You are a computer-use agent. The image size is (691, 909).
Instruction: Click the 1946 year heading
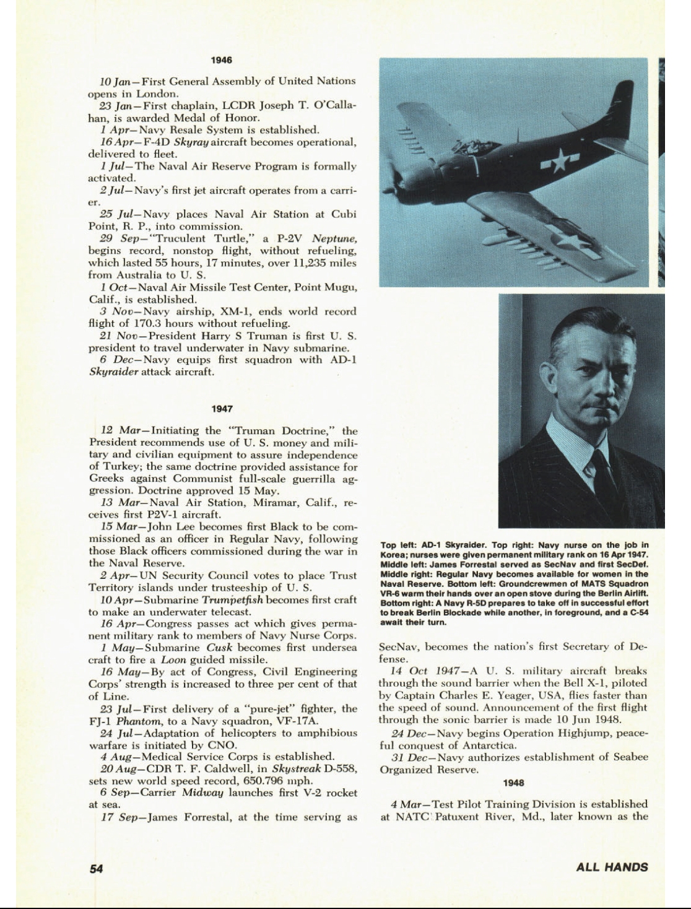tap(221, 60)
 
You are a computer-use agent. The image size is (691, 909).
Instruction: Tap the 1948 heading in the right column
tap(513, 783)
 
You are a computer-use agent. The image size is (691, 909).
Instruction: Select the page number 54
tap(96, 868)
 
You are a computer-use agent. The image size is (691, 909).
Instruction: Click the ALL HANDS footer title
tap(612, 867)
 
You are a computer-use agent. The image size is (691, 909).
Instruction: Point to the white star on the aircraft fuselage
tap(559, 162)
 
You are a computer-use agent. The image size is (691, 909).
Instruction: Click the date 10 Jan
tap(115, 82)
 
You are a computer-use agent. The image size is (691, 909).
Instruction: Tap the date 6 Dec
tap(116, 360)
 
